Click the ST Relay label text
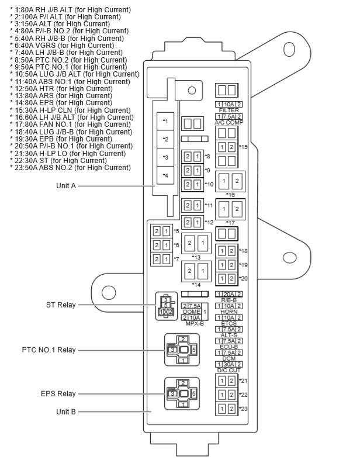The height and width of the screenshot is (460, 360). (61, 305)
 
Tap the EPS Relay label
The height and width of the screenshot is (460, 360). (57, 394)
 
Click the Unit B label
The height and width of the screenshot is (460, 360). (65, 411)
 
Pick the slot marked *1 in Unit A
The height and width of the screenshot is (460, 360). (165, 121)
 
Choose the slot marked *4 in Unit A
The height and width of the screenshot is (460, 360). (165, 175)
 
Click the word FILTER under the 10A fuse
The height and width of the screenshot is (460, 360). (229, 110)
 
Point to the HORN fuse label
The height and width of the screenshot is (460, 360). (229, 312)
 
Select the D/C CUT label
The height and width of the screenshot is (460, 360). (229, 370)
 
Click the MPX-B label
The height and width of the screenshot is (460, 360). (194, 323)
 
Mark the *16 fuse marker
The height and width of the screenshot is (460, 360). (230, 195)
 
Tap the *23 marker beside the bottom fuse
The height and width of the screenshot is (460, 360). (243, 409)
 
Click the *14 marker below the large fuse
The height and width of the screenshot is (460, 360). (196, 285)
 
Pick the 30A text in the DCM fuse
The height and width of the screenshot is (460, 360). (229, 364)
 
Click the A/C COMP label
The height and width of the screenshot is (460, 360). (228, 122)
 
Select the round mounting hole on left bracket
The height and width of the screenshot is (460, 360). (109, 292)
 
